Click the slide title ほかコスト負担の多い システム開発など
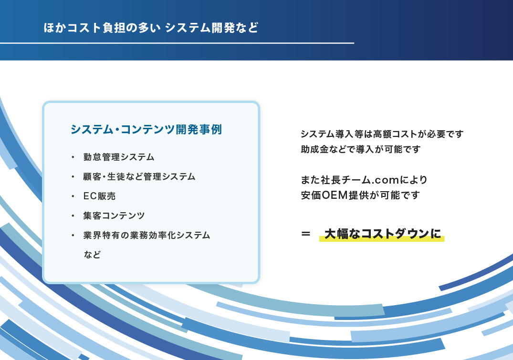pyautogui.click(x=151, y=28)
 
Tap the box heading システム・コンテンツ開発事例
pyautogui.click(x=146, y=130)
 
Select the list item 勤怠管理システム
pyautogui.click(x=119, y=157)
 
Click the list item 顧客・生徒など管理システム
pyautogui.click(x=139, y=176)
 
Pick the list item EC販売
pyautogui.click(x=99, y=196)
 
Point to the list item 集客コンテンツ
pyautogui.click(x=114, y=216)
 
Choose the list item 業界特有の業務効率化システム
pyautogui.click(x=147, y=235)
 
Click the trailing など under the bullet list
pyautogui.click(x=92, y=255)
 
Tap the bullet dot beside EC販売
pyautogui.click(x=73, y=196)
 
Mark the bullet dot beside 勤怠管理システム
pyautogui.click(x=73, y=157)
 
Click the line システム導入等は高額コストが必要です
pyautogui.click(x=382, y=134)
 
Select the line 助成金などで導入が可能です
pyautogui.click(x=361, y=149)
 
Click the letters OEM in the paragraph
pyautogui.click(x=335, y=195)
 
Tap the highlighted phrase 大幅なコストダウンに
pyautogui.click(x=382, y=234)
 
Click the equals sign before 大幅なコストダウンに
pyautogui.click(x=305, y=234)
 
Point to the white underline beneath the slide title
pyautogui.click(x=177, y=43)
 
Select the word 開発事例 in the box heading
pyautogui.click(x=199, y=130)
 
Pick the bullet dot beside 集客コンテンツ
pyautogui.click(x=73, y=216)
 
